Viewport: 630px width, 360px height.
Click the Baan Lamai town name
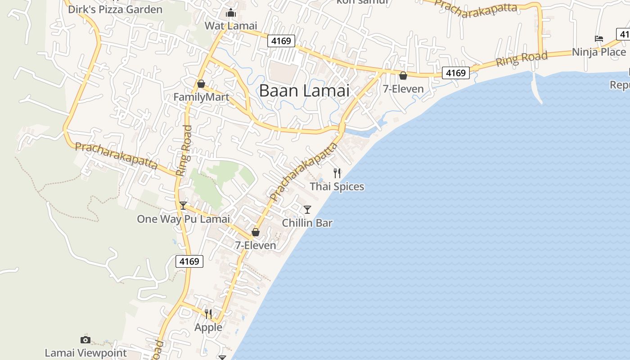coord(304,90)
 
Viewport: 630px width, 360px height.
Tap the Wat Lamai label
coord(231,26)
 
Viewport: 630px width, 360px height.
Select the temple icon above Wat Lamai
coord(231,13)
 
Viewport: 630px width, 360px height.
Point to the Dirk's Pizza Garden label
coord(115,9)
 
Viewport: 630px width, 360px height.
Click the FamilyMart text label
coord(201,97)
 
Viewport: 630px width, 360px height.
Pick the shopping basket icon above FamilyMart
coord(201,84)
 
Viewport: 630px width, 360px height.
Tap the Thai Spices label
coord(337,186)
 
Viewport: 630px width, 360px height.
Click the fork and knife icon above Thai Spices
coord(337,173)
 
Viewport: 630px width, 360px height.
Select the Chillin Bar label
coord(307,223)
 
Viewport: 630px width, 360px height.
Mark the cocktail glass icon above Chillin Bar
coord(307,209)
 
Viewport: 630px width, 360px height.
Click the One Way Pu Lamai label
coord(183,219)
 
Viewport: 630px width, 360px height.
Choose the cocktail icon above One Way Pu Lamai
coord(183,206)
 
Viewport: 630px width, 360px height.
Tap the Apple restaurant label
coord(208,327)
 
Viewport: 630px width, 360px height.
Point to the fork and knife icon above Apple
coord(208,314)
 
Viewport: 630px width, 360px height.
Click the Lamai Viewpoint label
coord(86,353)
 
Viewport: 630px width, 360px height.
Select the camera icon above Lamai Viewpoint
coord(85,340)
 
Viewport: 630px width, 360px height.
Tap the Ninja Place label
coord(599,52)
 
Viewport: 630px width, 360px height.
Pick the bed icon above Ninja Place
coord(599,39)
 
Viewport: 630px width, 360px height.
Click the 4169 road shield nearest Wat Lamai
coord(281,41)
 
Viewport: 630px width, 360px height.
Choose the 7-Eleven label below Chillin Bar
coord(256,245)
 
